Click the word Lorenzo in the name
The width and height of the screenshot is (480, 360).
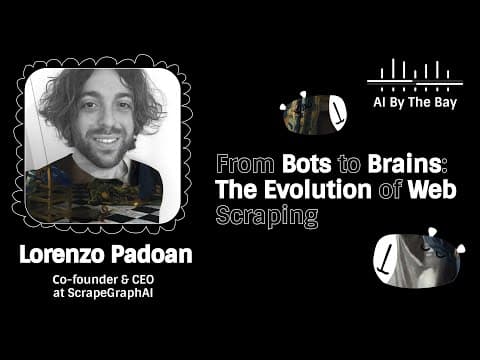[x=62, y=255]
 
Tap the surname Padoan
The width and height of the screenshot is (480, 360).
[x=152, y=255]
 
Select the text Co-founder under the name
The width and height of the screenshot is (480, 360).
[x=85, y=279]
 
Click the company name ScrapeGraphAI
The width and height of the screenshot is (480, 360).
[x=110, y=293]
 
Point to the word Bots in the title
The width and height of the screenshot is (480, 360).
[x=307, y=164]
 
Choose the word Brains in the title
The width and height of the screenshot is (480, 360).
[x=405, y=164]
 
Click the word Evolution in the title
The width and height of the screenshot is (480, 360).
[x=318, y=189]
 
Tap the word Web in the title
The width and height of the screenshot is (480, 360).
[x=432, y=189]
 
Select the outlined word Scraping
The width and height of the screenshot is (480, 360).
[x=267, y=217]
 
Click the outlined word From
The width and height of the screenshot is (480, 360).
[x=245, y=164]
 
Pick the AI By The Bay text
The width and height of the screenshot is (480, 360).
[x=415, y=102]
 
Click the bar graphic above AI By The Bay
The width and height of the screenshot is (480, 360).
[x=415, y=75]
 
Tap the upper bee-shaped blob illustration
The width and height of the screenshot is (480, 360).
[x=313, y=113]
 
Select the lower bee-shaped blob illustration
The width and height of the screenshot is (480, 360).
[x=419, y=259]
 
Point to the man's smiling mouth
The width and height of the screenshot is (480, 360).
[x=106, y=139]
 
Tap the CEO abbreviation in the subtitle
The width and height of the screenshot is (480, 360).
[x=143, y=279]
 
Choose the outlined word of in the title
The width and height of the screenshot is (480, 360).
[x=389, y=189]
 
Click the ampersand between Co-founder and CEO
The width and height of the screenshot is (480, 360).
[x=124, y=279]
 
